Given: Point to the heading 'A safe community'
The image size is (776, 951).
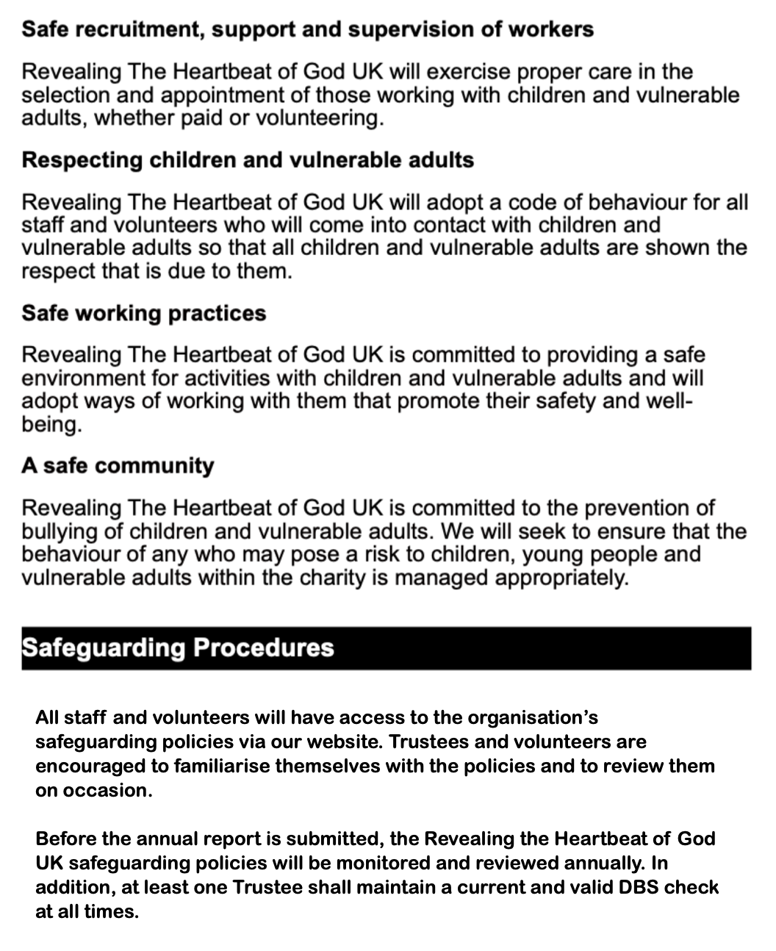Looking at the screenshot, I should (x=118, y=466).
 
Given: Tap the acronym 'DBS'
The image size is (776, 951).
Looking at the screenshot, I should (x=636, y=887).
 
